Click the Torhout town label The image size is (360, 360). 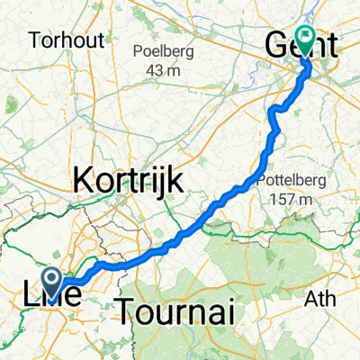click(x=65, y=40)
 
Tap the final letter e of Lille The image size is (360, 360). click(x=83, y=293)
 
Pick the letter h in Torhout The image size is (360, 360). click(x=67, y=40)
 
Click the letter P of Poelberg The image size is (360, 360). click(x=138, y=49)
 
